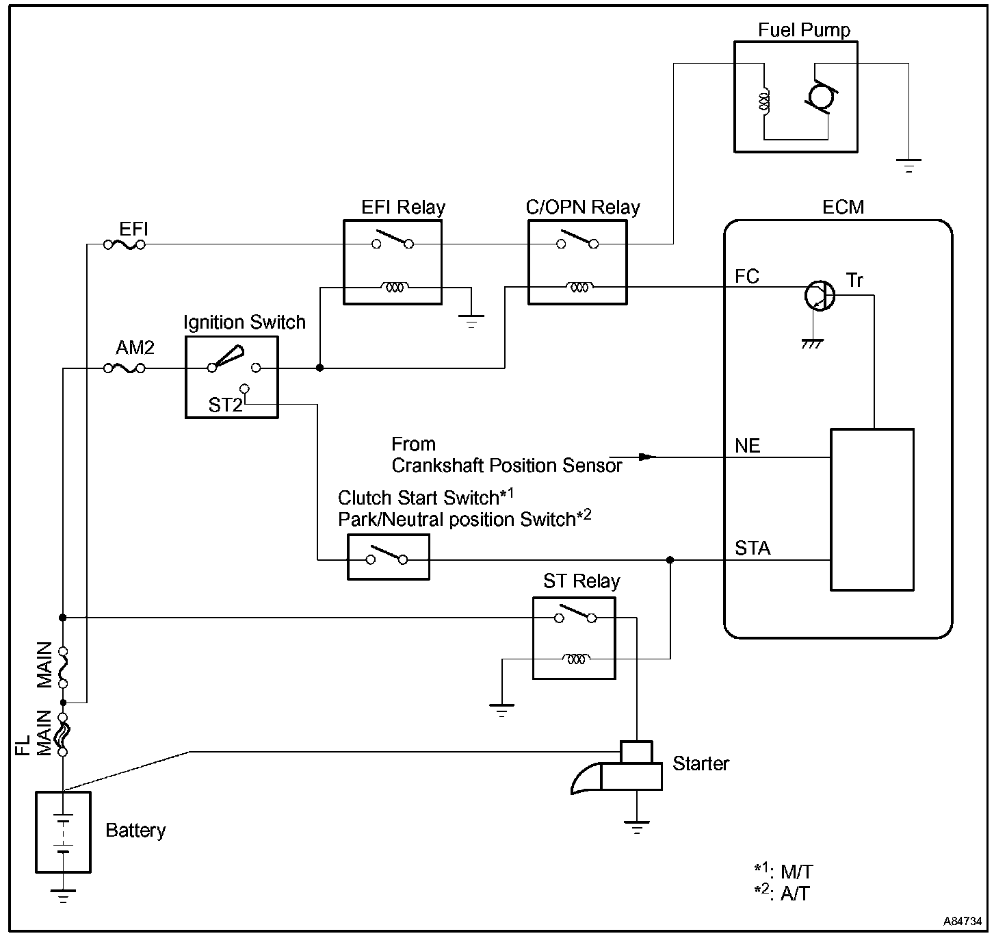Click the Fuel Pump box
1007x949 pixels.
795,97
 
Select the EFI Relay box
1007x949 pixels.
392,262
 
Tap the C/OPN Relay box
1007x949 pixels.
577,262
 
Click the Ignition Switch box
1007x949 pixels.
231,377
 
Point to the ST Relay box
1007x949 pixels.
574,637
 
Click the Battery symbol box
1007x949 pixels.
63,832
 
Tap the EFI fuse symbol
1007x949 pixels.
124,244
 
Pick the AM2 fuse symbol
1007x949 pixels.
124,368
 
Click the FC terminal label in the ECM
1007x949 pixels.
747,277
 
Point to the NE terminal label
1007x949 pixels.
747,446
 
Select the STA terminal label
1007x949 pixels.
753,548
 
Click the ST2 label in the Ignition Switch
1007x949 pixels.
225,405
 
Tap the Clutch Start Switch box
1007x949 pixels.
388,558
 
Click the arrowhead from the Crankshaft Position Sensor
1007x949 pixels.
646,456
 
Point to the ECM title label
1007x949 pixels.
843,207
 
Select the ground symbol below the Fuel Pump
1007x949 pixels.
908,165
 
